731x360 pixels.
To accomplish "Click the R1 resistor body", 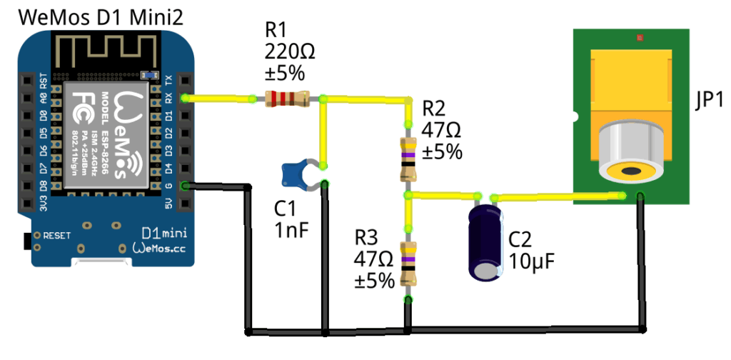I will [x=286, y=99].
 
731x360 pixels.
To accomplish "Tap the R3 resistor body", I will [x=408, y=262].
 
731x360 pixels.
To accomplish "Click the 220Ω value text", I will [x=290, y=51].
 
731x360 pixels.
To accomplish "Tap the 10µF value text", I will [x=532, y=261].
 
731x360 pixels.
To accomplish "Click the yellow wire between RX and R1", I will [x=218, y=98].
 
